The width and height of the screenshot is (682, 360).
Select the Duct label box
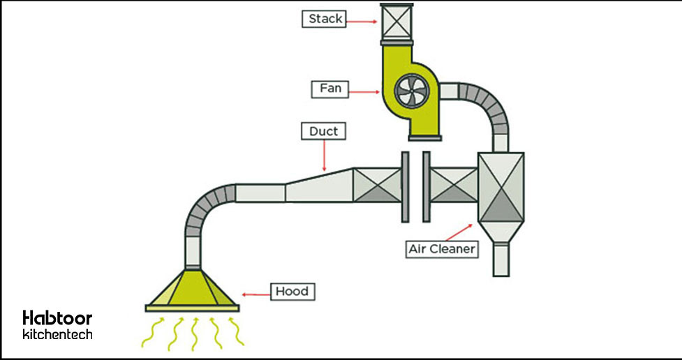323,131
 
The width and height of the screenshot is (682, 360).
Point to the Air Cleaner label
442,248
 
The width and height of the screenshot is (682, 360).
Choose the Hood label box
290,292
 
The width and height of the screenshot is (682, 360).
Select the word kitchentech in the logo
57,335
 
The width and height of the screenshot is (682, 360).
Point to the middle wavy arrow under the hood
193,333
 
